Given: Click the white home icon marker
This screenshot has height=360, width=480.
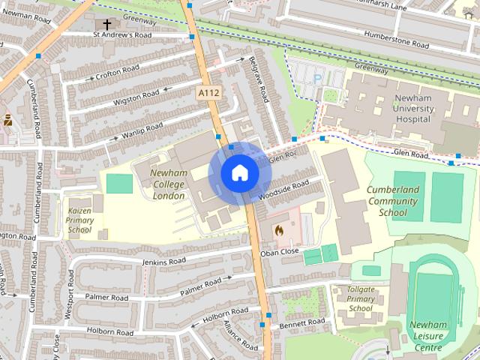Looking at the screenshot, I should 239,173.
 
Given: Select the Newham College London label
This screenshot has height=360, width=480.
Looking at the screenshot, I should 168,184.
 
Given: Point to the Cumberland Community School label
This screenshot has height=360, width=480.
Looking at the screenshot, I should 403,201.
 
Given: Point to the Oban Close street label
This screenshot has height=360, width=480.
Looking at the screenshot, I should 280,252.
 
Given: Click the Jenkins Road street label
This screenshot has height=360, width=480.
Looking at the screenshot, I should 163,262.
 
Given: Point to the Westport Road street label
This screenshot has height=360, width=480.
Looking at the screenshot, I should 69,300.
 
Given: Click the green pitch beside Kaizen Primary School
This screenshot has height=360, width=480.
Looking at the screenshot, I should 118,182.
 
